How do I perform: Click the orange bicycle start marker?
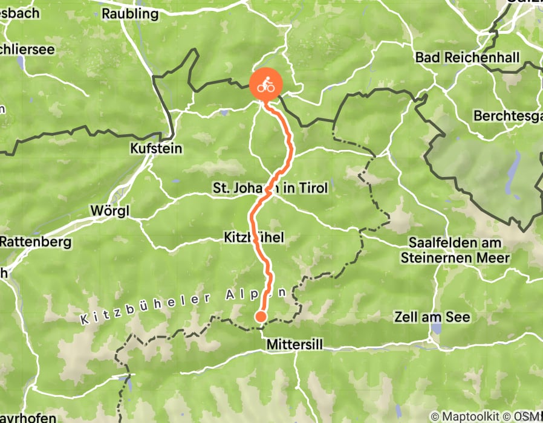pos(265,86)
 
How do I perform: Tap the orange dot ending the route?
pos(261,316)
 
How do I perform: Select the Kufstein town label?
pos(156,148)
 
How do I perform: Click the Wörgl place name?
pos(109,211)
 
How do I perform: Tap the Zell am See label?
pos(431,317)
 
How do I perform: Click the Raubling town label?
pos(130,13)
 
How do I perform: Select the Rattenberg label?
pos(36,242)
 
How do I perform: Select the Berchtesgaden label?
pos(508,115)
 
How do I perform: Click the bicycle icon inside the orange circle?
pos(265,86)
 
